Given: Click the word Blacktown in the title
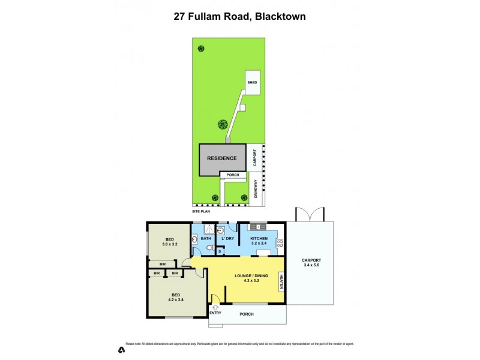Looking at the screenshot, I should (x=280, y=17).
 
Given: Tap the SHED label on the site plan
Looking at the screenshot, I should (x=252, y=83).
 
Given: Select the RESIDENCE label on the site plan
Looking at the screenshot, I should (x=221, y=159).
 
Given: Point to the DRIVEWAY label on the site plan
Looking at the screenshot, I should (x=256, y=190).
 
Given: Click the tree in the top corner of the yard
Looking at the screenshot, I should (x=200, y=49).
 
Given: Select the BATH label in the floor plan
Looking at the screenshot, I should (x=206, y=239).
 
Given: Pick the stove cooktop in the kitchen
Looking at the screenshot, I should (x=280, y=243).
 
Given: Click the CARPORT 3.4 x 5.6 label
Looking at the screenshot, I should (x=310, y=263).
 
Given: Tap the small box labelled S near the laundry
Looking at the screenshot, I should (x=220, y=251).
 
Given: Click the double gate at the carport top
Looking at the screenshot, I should (x=310, y=214).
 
